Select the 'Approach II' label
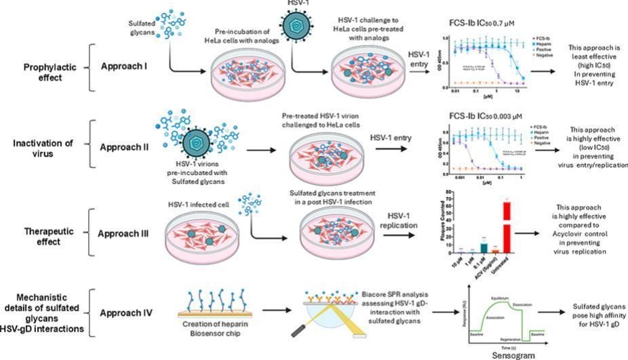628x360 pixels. click(x=125, y=146)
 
